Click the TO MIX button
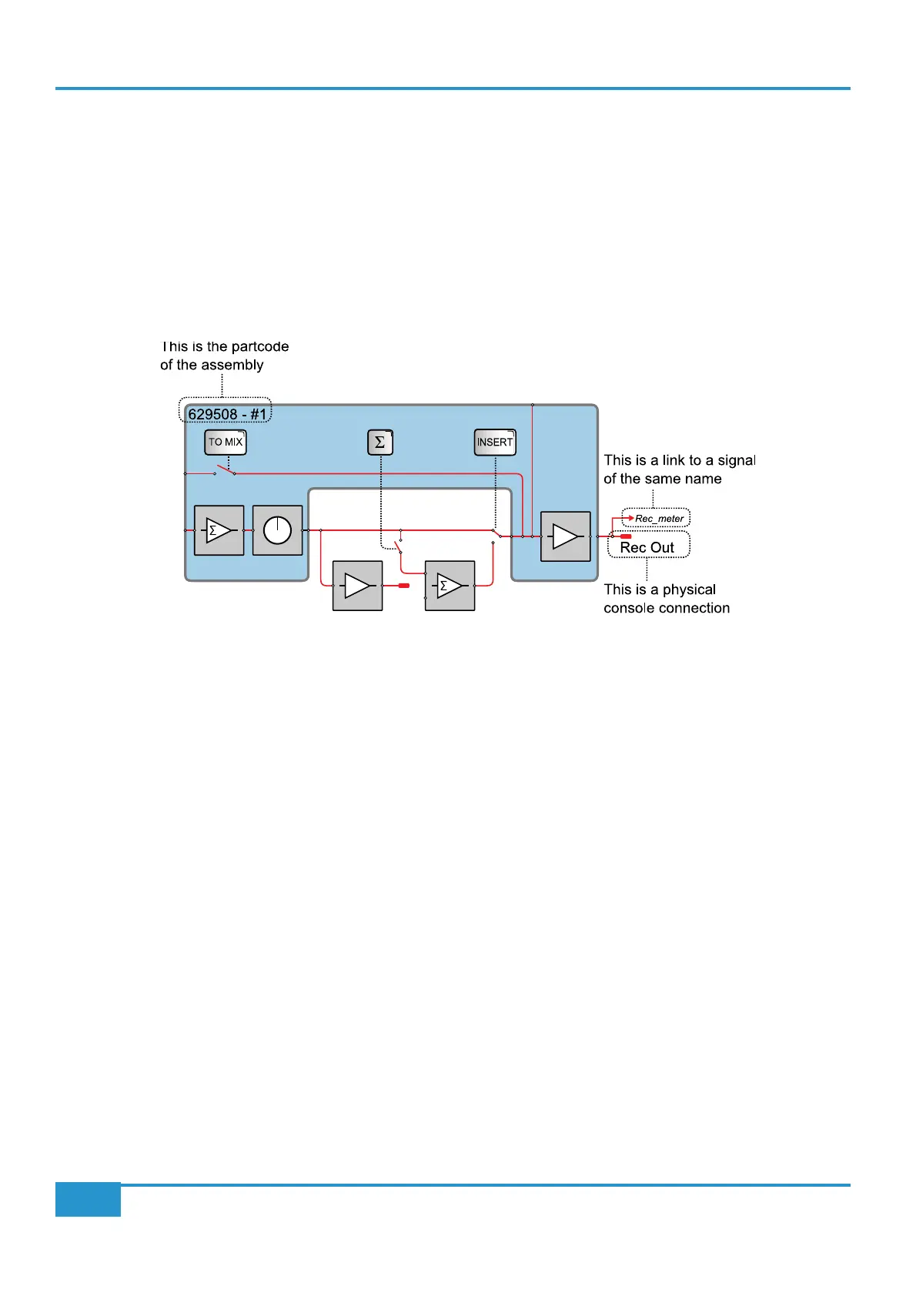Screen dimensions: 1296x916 [226, 442]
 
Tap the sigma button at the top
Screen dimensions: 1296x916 [380, 443]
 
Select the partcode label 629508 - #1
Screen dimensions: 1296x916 [226, 414]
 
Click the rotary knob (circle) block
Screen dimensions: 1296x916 [277, 530]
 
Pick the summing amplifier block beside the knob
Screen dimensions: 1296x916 [219, 530]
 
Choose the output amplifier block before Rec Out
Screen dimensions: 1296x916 [566, 536]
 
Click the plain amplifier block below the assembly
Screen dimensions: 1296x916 [357, 586]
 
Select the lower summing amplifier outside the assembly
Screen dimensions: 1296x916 [450, 586]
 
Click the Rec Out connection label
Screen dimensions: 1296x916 [647, 547]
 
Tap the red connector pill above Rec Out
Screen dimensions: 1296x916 [626, 536]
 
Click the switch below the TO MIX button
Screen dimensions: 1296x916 [225, 470]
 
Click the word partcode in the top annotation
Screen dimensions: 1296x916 [260, 346]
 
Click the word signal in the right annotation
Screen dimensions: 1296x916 [737, 460]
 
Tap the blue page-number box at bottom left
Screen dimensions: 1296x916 [88, 1199]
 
